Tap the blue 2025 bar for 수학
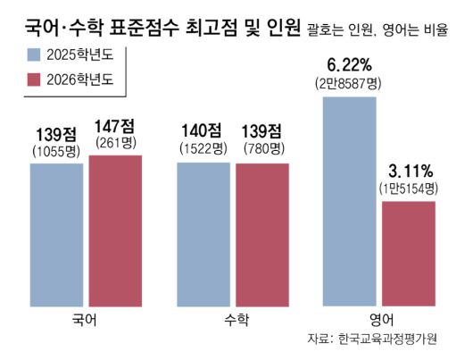204,234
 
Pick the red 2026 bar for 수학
262,234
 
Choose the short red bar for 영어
409,254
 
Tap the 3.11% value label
409,171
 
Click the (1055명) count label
56,150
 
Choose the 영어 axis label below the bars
381,318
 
